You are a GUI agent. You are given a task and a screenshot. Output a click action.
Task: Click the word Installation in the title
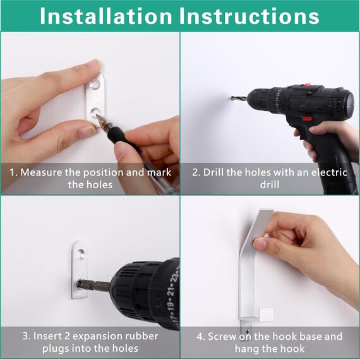tap(106, 16)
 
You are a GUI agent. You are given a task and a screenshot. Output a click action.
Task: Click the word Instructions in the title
tap(249, 16)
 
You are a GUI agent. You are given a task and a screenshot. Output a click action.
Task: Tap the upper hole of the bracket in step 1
tap(95, 84)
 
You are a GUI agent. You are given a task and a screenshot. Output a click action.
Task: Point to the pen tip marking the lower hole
tap(98, 116)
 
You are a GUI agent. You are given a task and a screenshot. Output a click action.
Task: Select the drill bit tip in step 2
tap(232, 99)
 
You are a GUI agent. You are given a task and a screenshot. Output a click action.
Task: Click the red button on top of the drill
tap(307, 85)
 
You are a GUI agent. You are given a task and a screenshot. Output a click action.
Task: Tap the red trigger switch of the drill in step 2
tap(307, 119)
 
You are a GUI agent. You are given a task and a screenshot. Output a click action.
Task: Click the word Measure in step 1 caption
tap(41, 172)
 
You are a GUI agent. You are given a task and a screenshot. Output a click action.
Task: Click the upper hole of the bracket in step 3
tap(81, 254)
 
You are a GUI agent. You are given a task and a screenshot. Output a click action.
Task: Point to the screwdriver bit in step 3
tap(93, 285)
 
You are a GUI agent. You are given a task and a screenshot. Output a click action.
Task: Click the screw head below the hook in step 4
tap(247, 332)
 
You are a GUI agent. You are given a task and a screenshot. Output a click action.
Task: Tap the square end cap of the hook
tap(266, 315)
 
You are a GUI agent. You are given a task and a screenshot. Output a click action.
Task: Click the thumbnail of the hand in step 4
tap(260, 244)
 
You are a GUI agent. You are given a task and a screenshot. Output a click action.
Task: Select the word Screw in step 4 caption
tap(222, 337)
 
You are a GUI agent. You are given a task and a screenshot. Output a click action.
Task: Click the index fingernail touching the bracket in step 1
tap(93, 64)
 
